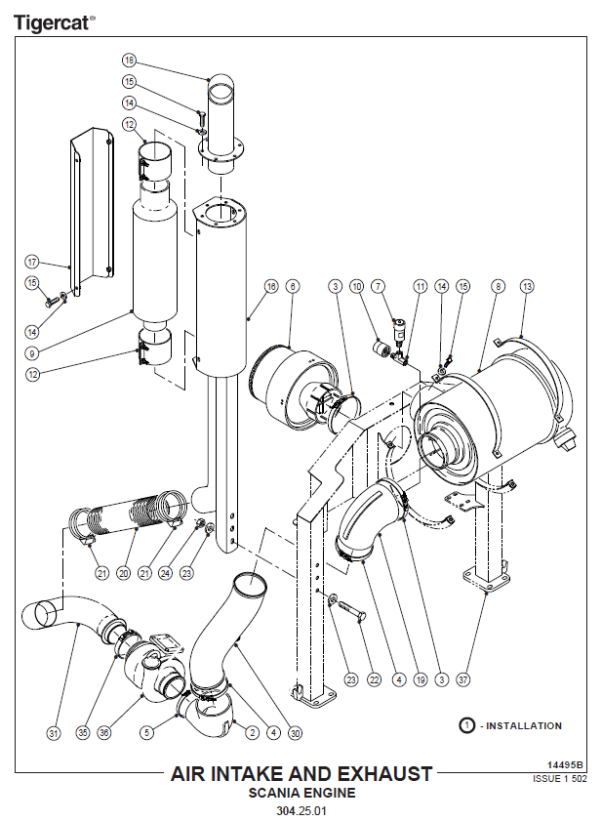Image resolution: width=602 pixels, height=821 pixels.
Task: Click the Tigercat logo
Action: click(55, 21)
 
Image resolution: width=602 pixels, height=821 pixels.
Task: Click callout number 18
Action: click(130, 61)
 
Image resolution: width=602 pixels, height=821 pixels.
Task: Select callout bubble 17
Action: click(31, 262)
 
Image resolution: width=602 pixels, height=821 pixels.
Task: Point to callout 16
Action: click(271, 286)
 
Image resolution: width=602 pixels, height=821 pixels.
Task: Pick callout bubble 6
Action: click(293, 286)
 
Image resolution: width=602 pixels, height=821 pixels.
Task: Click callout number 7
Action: click(378, 286)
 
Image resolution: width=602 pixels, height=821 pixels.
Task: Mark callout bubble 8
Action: click(498, 286)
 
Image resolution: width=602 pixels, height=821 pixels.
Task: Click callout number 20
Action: click(123, 573)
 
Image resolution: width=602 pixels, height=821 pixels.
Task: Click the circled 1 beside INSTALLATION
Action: click(466, 725)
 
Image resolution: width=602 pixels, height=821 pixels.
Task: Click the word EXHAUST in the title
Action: click(385, 774)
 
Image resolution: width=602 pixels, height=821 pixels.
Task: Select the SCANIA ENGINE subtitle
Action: click(301, 793)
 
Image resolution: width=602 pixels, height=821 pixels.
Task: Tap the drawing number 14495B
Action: click(565, 765)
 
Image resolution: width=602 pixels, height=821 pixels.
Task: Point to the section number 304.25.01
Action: click(301, 810)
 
